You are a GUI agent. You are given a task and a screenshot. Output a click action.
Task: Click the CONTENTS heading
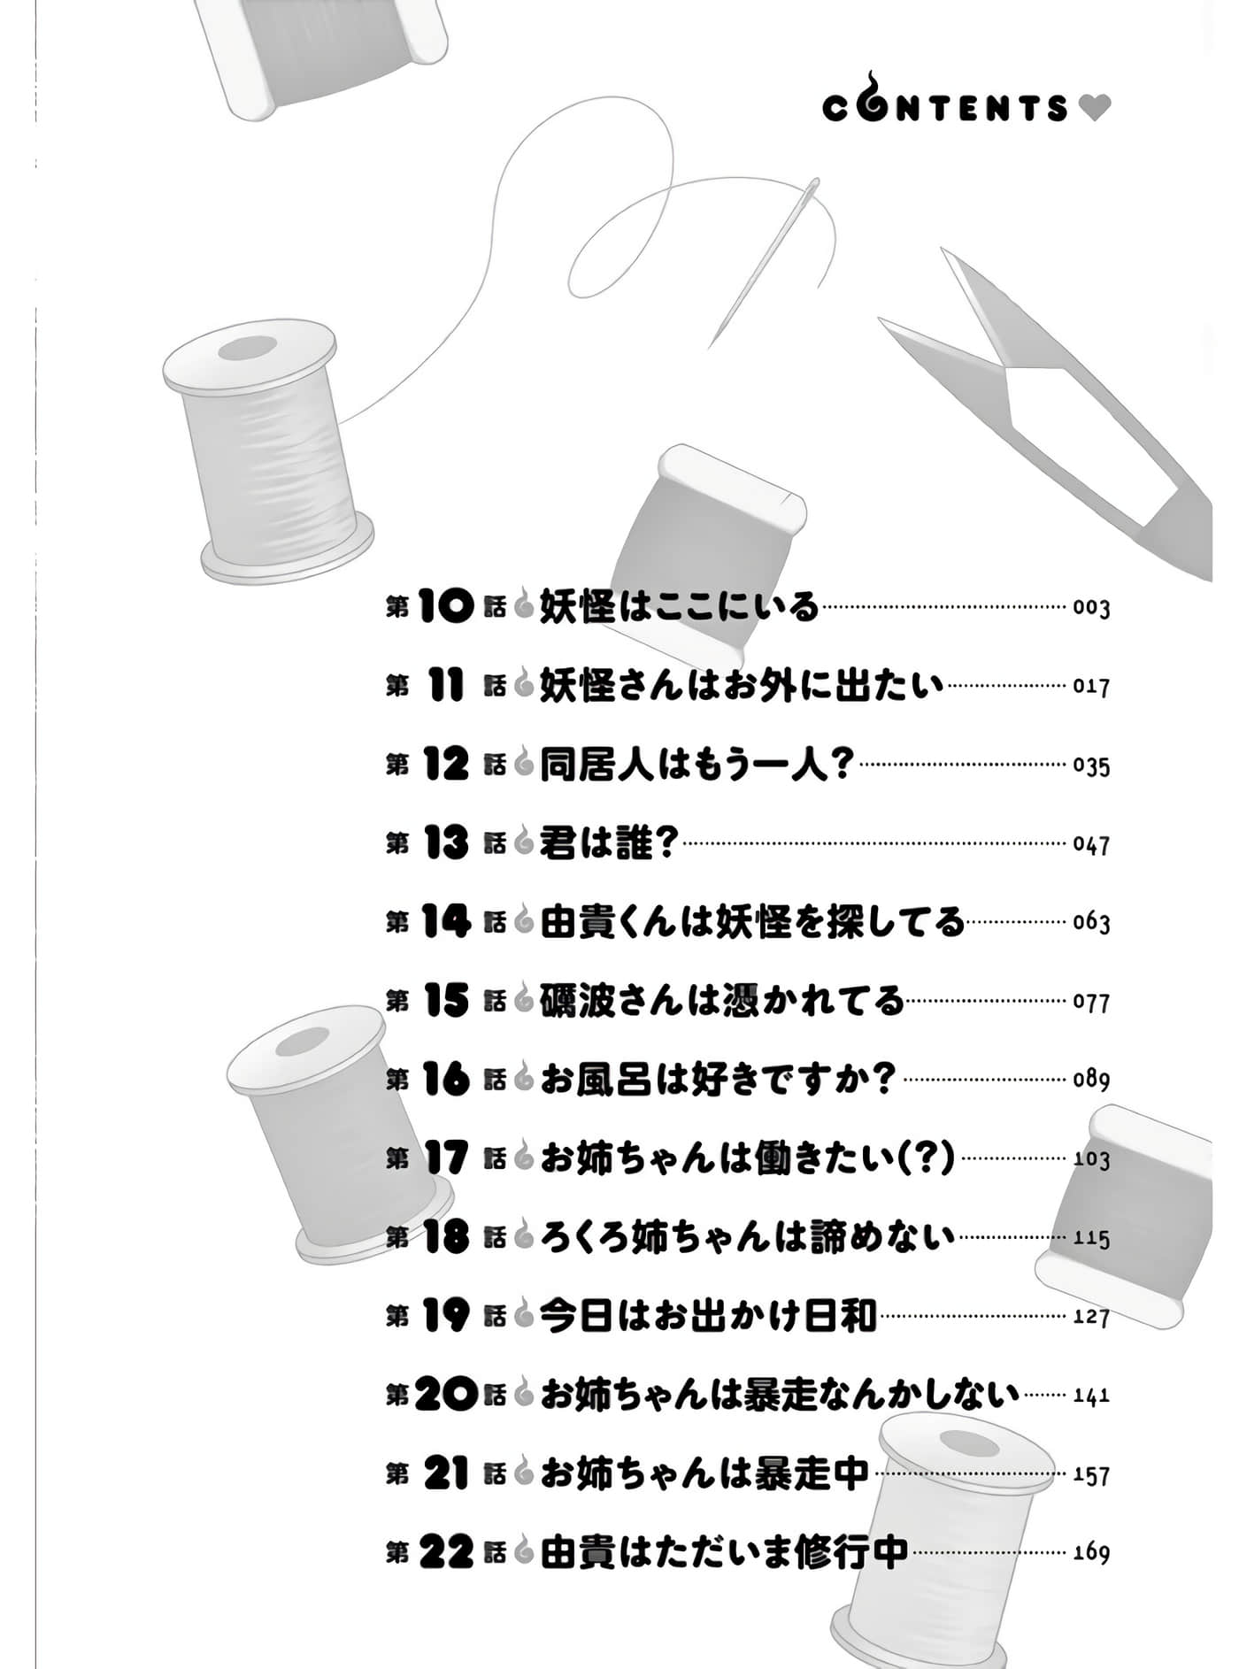tap(945, 107)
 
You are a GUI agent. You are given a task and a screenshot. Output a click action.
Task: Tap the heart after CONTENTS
tap(1095, 108)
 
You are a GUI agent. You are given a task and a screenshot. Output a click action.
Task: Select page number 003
tap(1090, 608)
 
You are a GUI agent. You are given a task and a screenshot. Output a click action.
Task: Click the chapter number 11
tap(445, 686)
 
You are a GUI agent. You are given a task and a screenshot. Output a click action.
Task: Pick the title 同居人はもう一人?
tap(696, 765)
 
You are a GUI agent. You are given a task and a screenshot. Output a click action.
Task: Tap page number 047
tap(1090, 844)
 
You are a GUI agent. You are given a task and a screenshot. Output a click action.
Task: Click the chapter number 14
tap(445, 922)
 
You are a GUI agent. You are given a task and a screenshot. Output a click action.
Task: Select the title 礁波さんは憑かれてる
tap(721, 1001)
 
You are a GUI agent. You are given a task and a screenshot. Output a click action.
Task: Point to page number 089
tap(1090, 1080)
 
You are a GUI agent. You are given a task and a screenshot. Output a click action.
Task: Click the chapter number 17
tap(445, 1158)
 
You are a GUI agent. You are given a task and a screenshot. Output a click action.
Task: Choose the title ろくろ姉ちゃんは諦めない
tap(747, 1237)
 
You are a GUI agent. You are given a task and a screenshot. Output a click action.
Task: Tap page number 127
tap(1090, 1317)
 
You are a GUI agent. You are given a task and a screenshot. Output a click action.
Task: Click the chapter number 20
tap(445, 1396)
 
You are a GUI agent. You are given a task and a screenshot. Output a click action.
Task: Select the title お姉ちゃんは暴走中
tap(704, 1474)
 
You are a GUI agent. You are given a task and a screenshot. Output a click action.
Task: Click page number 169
tap(1090, 1552)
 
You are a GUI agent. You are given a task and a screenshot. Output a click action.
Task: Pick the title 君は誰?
tap(608, 843)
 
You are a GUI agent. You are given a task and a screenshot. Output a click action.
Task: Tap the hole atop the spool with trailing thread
tap(248, 348)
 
